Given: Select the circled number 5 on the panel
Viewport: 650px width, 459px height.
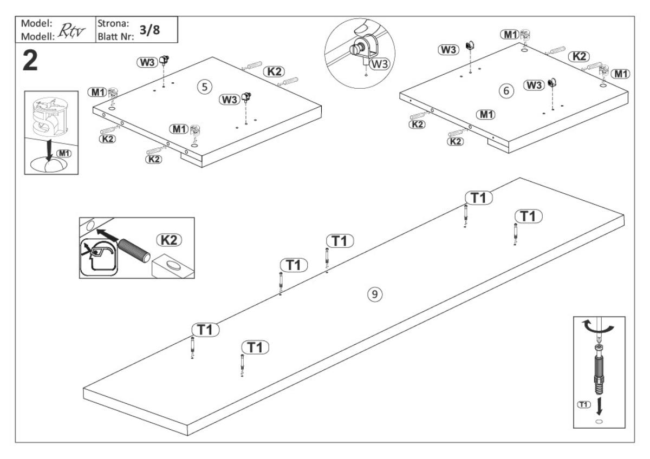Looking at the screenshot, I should click(204, 87).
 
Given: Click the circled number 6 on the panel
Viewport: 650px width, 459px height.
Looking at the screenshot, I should click(506, 91).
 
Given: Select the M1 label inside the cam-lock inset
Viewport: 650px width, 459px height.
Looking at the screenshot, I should click(64, 153).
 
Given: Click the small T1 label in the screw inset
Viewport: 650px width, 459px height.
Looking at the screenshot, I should click(583, 405).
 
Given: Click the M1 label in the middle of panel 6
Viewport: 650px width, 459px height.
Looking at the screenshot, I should click(485, 114).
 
